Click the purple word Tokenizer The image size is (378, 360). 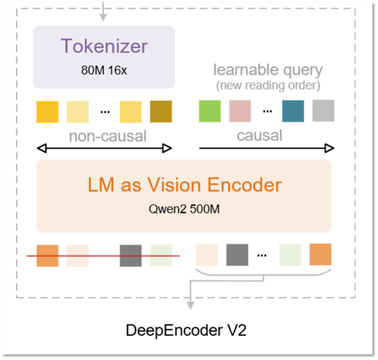click(x=104, y=46)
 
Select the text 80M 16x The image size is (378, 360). click(x=104, y=70)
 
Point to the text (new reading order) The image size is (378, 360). click(x=268, y=85)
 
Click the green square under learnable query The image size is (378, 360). click(x=210, y=111)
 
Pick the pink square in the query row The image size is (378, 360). click(x=240, y=111)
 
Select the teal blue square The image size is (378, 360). click(x=293, y=111)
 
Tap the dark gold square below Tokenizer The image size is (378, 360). click(x=161, y=112)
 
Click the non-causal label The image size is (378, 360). click(x=108, y=136)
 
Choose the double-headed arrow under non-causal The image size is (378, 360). click(x=104, y=149)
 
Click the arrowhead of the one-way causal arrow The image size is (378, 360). click(x=330, y=149)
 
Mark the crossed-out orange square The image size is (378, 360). click(x=47, y=256)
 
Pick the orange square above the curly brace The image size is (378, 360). click(x=320, y=255)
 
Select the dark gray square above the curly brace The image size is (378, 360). click(x=237, y=255)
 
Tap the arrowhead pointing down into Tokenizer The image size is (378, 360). click(x=103, y=18)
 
